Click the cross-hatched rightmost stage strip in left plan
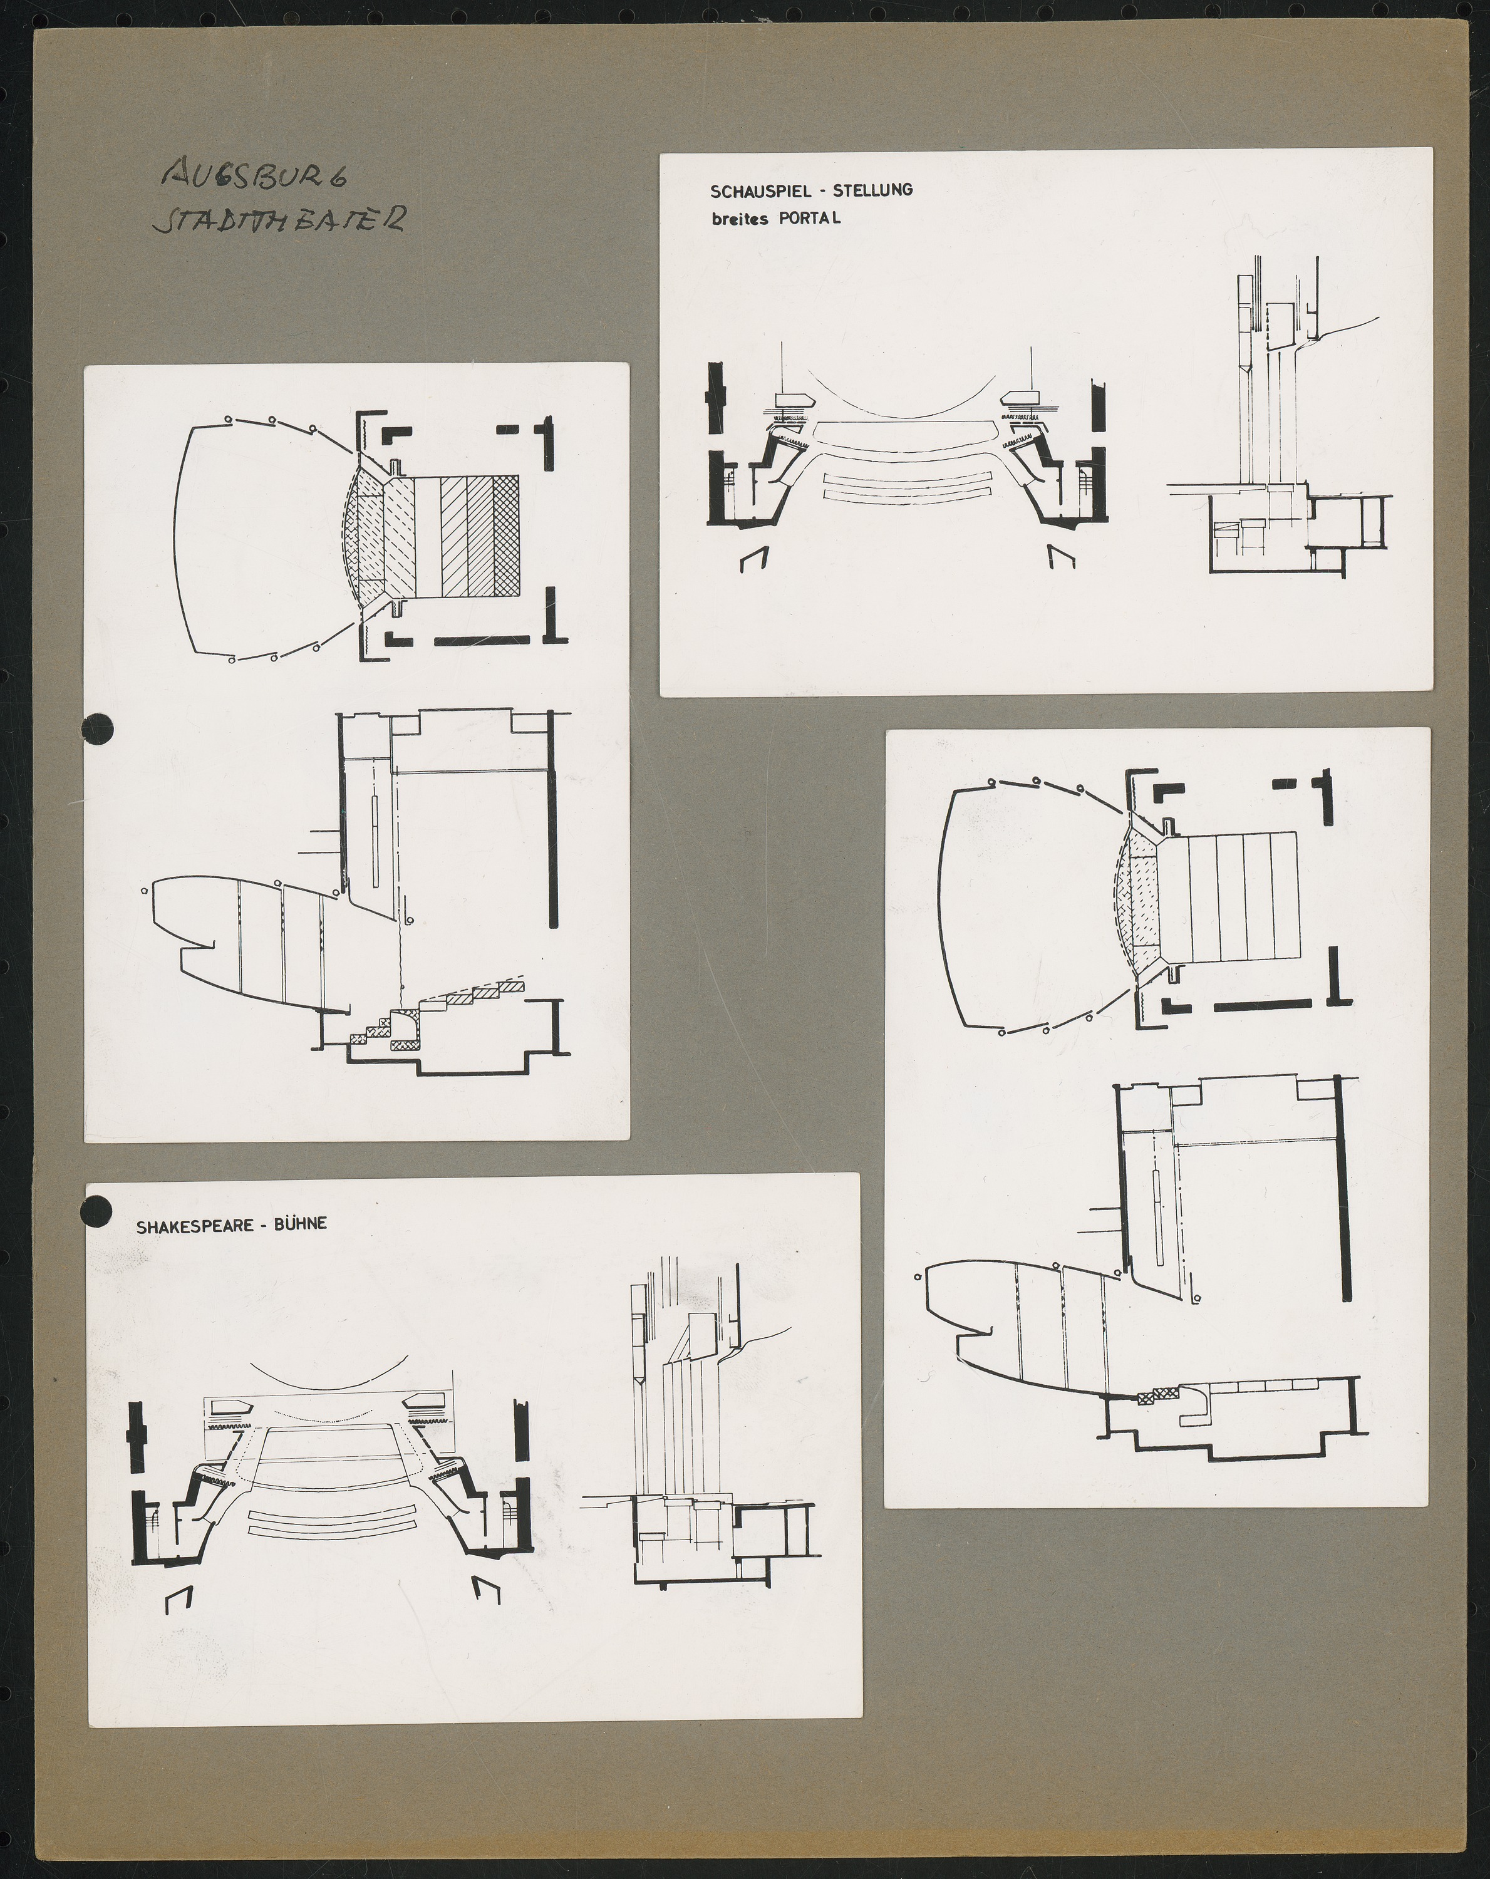(x=506, y=536)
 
